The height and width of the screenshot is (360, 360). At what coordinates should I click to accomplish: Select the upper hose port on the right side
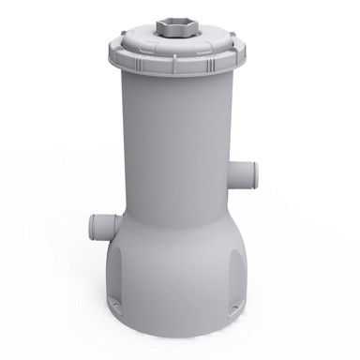point(241,173)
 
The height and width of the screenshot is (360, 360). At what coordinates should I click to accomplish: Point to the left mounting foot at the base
point(114,303)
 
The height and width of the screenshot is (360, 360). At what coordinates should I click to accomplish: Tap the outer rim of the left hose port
point(93,226)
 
